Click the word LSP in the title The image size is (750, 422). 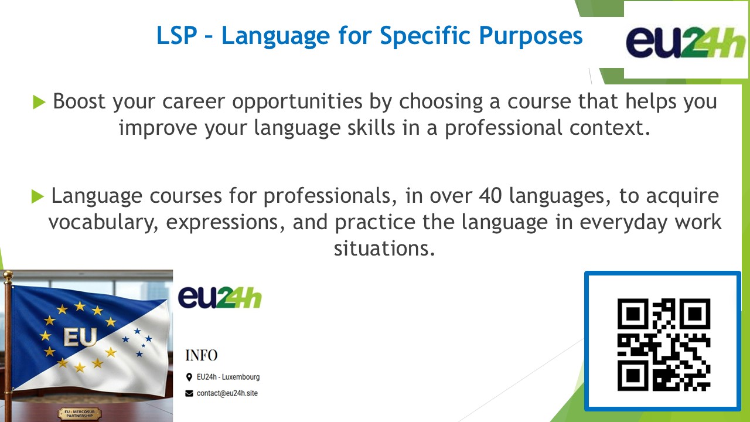(177, 36)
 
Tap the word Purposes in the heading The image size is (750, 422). (531, 37)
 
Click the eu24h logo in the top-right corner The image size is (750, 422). (685, 42)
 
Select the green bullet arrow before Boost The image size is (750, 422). (39, 102)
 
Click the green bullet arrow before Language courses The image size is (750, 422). (37, 196)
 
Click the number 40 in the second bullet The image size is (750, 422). (490, 196)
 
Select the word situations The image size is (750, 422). (384, 249)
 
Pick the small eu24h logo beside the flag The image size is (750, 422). (220, 297)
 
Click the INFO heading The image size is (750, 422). (202, 355)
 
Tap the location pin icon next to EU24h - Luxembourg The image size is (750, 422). (189, 377)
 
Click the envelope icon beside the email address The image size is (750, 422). (189, 393)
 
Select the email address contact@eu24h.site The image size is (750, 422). (227, 393)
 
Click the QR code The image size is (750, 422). (664, 345)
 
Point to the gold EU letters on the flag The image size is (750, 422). (80, 336)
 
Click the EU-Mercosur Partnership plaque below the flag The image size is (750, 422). (79, 414)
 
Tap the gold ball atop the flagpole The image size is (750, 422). (8, 275)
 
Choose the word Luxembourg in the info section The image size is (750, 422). (241, 377)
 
